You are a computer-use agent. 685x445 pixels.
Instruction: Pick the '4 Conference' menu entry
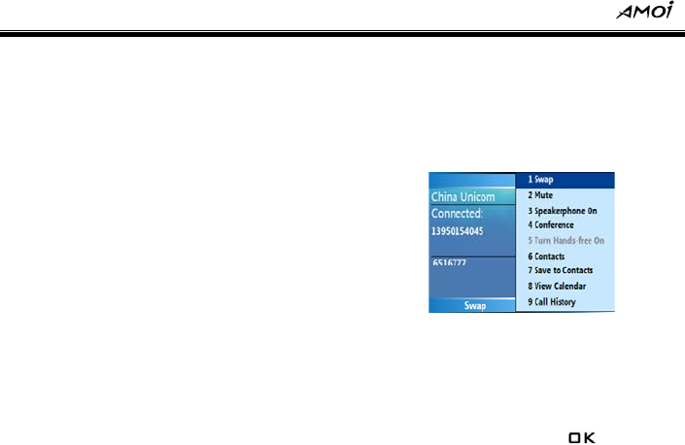(x=550, y=225)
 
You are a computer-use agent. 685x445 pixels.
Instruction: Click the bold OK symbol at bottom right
(x=581, y=439)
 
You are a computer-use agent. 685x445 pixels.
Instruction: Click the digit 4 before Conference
(x=531, y=225)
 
